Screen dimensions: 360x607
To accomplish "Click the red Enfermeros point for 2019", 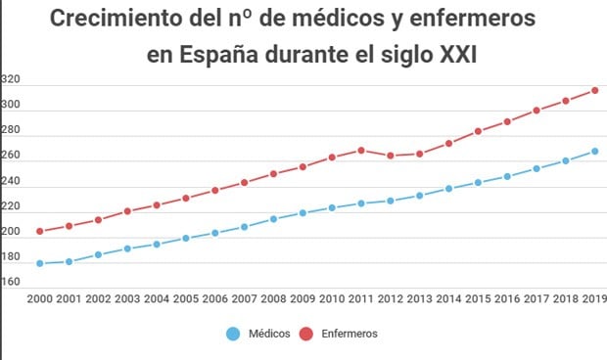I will coord(594,91).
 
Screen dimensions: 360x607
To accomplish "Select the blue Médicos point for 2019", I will coord(594,152).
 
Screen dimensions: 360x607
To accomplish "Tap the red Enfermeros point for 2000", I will coord(40,232).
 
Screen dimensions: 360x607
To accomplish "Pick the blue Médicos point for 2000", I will coord(40,263).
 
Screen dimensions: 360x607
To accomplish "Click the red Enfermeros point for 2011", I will coord(361,151).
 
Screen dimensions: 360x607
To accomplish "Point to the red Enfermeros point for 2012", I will coord(391,156).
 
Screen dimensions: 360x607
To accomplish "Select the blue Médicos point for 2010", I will coord(332,207).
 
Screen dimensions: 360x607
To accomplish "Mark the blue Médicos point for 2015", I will coord(478,182).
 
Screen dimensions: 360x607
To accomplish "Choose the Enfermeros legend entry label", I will coord(350,334).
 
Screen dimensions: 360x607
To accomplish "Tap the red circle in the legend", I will coord(305,334).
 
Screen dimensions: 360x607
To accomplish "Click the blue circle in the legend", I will coord(232,334).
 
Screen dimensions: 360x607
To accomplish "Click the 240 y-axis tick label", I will coord(12,182).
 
